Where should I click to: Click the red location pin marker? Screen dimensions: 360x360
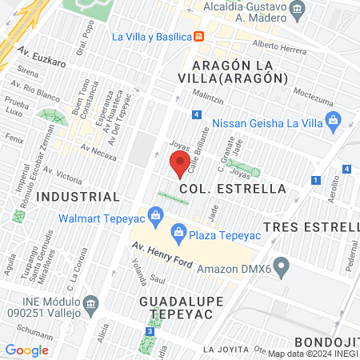click(x=180, y=165)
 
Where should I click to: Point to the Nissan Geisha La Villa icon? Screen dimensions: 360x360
click(x=335, y=123)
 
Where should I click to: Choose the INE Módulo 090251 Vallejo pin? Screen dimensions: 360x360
click(x=91, y=302)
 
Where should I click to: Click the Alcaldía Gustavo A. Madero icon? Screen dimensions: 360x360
click(x=298, y=10)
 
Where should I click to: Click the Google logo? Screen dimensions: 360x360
click(x=26, y=350)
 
